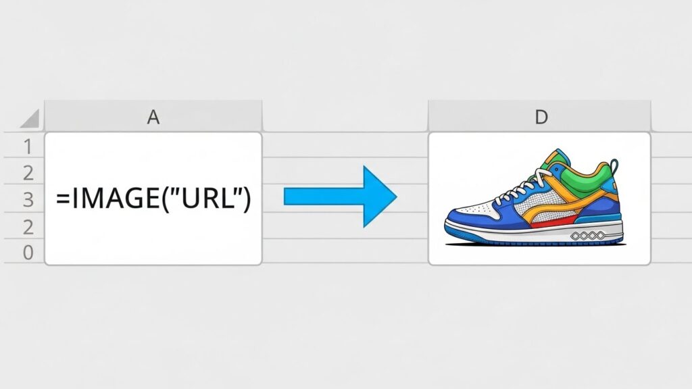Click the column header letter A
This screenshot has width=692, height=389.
tap(153, 117)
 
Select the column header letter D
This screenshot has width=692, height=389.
tap(541, 118)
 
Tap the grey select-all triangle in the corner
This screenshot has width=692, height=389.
tap(30, 118)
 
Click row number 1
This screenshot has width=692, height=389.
tap(28, 147)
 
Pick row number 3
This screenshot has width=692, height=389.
tap(28, 199)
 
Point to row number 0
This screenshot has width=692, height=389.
tap(28, 253)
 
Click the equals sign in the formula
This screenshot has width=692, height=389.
tap(63, 199)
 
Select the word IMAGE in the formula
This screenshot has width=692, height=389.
tap(115, 198)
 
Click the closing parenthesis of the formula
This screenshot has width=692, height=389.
tap(246, 199)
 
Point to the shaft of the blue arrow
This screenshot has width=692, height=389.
tap(324, 197)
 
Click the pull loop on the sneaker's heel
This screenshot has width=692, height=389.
tap(614, 167)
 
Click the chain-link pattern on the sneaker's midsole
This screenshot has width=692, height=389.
tap(587, 236)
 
